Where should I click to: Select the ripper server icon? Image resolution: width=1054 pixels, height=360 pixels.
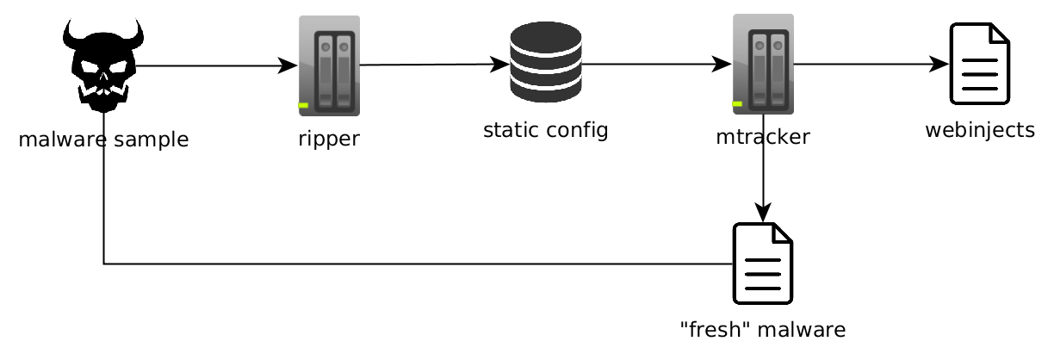click(329, 65)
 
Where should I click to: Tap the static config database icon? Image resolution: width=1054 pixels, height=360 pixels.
click(545, 62)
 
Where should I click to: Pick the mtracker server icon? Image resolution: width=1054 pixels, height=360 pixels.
click(763, 64)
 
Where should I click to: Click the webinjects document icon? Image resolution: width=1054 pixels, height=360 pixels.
click(979, 64)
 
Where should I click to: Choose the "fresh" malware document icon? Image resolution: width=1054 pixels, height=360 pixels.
click(762, 264)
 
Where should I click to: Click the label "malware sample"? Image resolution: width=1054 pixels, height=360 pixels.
click(103, 139)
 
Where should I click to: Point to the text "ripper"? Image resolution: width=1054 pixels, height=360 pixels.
click(329, 138)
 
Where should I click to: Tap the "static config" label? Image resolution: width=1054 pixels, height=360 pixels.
click(545, 130)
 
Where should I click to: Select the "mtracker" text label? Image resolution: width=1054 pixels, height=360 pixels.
click(763, 137)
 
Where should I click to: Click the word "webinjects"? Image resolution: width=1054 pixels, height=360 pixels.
click(979, 130)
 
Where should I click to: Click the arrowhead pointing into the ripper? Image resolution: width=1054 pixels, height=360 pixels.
click(288, 65)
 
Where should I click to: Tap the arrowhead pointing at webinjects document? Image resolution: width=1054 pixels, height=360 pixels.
click(939, 64)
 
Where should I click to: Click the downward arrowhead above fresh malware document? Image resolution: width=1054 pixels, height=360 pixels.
click(763, 213)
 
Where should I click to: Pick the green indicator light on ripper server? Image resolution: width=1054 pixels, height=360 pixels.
click(304, 105)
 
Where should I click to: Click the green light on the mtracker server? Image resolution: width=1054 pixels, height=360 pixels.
click(738, 105)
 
